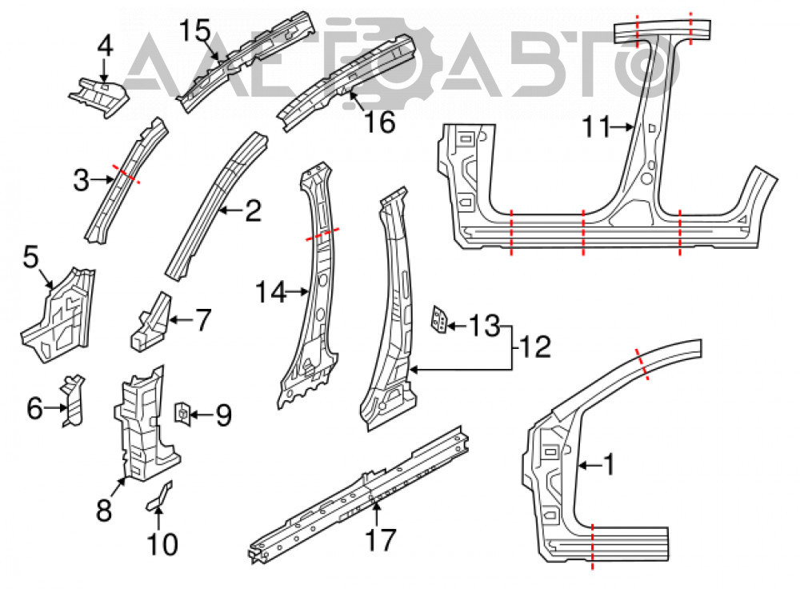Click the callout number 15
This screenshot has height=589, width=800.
coord(195,31)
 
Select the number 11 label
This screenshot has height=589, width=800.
coord(596,126)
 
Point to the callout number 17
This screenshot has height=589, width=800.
coord(381,540)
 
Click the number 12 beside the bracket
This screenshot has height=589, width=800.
coord(535,347)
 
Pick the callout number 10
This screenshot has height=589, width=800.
coord(162,544)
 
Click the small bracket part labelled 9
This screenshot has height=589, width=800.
coord(182,414)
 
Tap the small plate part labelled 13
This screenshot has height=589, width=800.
coord(439,319)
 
